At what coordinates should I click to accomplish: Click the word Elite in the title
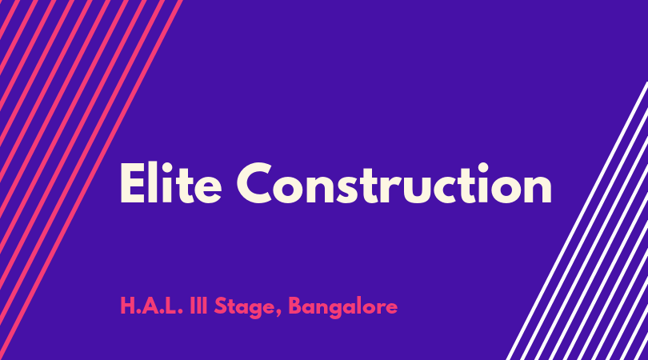(x=170, y=182)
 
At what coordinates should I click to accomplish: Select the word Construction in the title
(x=394, y=182)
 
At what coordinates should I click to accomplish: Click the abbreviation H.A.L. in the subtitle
(x=151, y=306)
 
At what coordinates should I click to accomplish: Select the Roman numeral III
(x=198, y=306)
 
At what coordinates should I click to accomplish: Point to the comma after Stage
(x=278, y=314)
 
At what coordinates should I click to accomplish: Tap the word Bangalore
(x=343, y=307)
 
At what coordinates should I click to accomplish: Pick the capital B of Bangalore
(x=295, y=306)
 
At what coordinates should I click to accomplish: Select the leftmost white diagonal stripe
(x=578, y=221)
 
